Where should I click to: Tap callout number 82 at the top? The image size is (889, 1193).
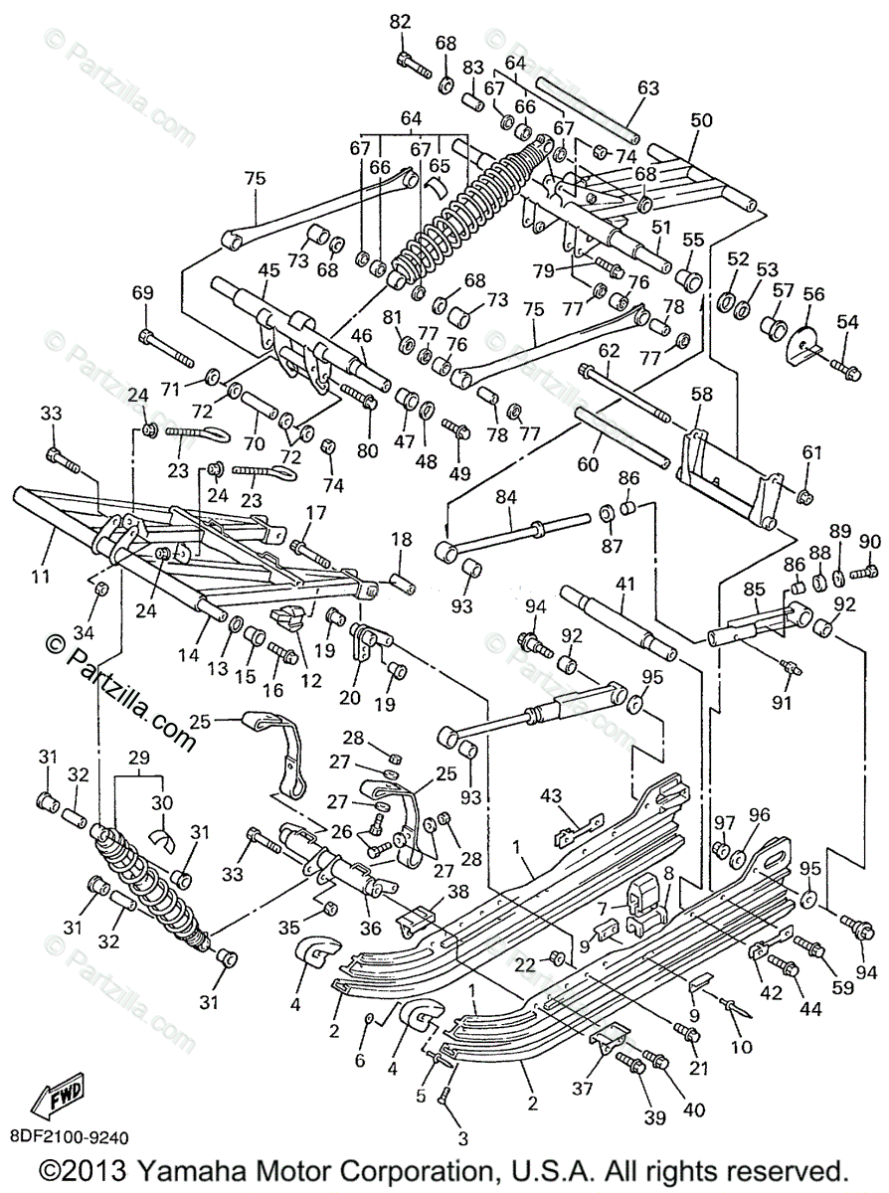(x=399, y=22)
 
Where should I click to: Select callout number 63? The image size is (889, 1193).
(x=648, y=87)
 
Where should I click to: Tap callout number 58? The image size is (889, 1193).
(x=702, y=395)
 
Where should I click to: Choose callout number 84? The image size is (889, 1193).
(x=509, y=494)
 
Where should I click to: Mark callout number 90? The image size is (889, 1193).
(x=870, y=541)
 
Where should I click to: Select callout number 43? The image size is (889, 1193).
(x=551, y=794)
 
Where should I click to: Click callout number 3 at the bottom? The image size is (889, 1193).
(x=461, y=1138)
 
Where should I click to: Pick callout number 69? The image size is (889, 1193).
(x=143, y=292)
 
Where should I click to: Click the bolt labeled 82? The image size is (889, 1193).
(x=411, y=66)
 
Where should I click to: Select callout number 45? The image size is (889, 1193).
(x=267, y=269)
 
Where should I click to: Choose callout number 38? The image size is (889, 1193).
(x=458, y=892)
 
